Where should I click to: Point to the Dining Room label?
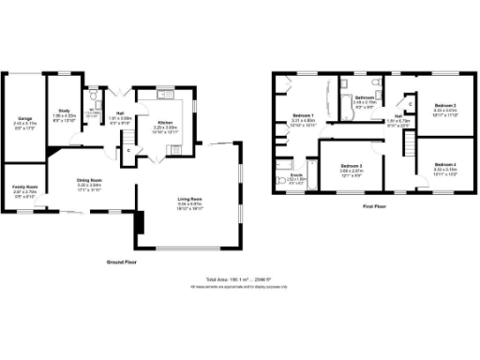(88, 181)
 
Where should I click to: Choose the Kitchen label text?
(163, 124)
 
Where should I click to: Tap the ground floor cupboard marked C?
(127, 150)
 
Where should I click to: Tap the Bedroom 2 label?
(443, 106)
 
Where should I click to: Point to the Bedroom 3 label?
(352, 165)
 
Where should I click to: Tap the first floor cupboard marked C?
(410, 103)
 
